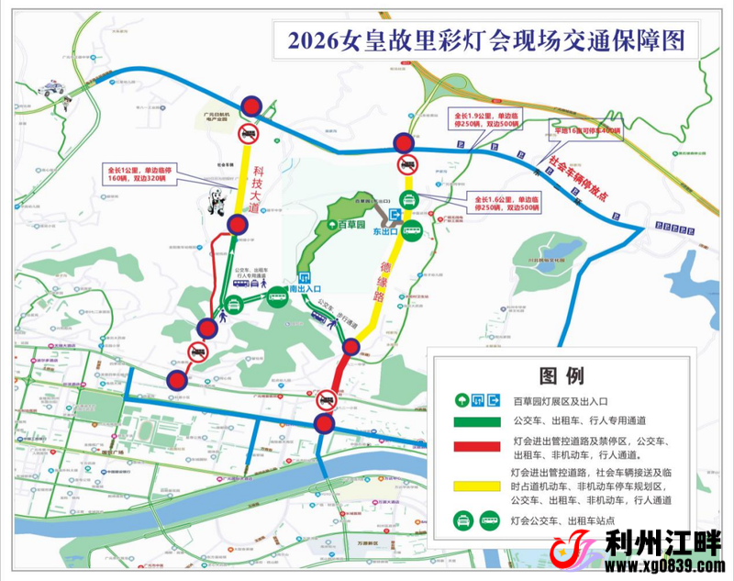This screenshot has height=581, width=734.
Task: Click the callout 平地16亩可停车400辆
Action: pos(584,130)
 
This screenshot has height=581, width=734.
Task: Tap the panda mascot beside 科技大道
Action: pos(217,203)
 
